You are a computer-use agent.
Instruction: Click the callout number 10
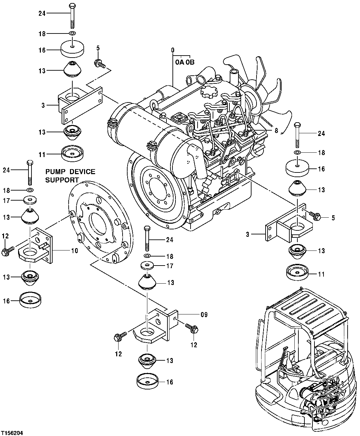pyautogui.click(x=74, y=250)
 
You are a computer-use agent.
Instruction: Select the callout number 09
pyautogui.click(x=204, y=315)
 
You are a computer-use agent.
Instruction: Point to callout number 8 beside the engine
pyautogui.click(x=276, y=131)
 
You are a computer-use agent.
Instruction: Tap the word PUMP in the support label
pyautogui.click(x=55, y=172)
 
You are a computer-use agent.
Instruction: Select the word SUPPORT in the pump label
pyautogui.click(x=62, y=180)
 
